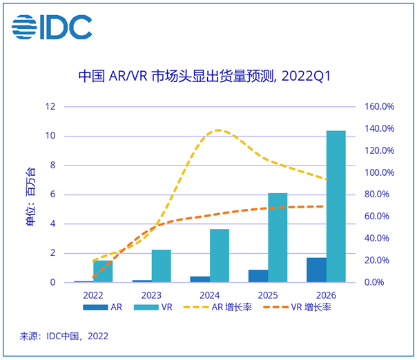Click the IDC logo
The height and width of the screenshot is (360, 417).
[x=52, y=27]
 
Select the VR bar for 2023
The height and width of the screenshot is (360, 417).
[x=162, y=266]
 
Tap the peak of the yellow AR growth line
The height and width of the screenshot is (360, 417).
[x=220, y=130]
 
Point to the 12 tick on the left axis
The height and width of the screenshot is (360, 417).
[x=50, y=106]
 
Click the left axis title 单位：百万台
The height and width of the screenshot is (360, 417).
[x=30, y=194]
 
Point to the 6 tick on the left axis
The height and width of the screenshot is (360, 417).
[x=52, y=194]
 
